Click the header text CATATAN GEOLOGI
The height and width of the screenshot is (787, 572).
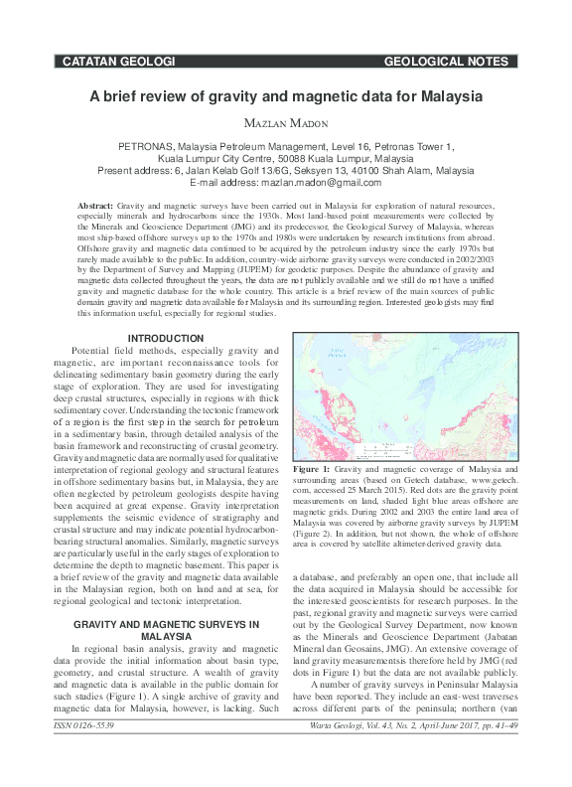118,62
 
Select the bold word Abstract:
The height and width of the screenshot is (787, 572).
95,204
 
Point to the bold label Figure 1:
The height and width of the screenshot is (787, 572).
312,467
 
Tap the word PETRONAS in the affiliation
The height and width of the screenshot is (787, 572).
147,146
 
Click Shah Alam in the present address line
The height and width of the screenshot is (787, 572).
395,170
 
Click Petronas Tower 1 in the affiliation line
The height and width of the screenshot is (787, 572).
409,146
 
